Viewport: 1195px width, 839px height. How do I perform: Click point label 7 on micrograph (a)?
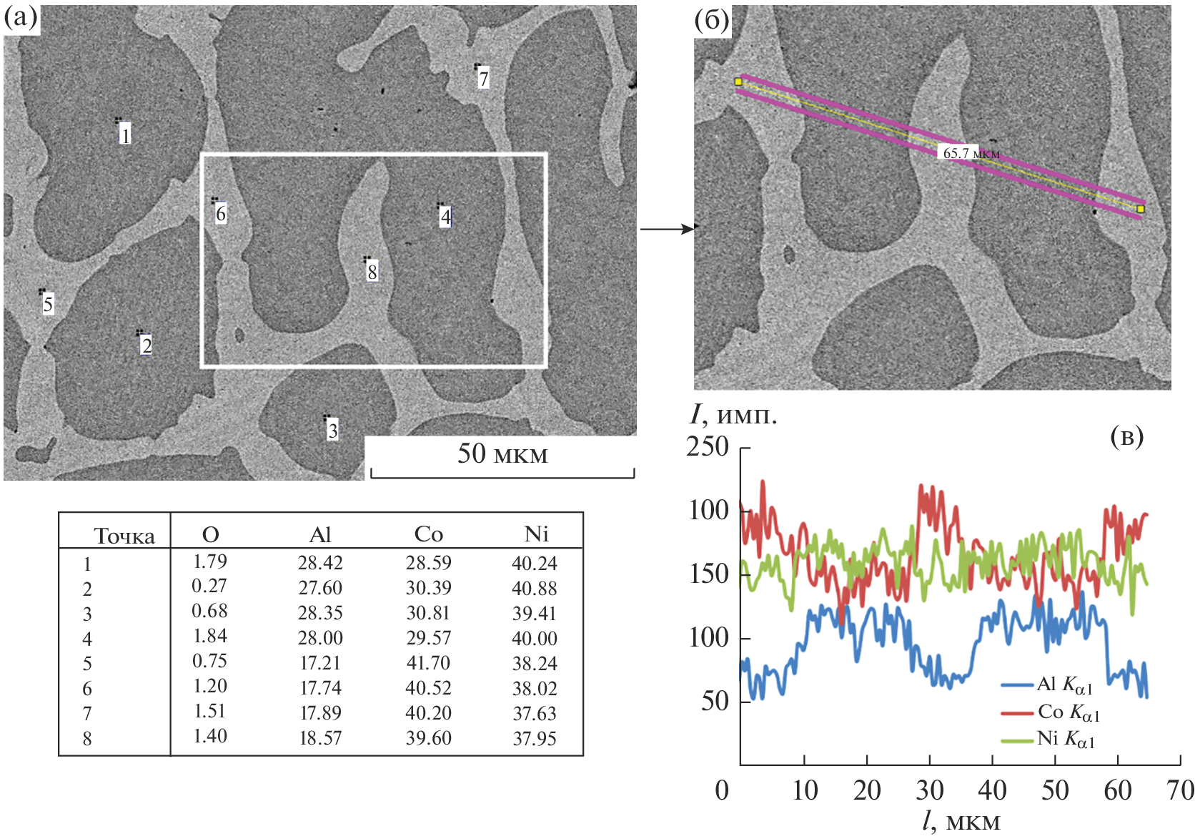tap(484, 79)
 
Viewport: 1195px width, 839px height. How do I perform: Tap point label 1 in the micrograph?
tap(126, 134)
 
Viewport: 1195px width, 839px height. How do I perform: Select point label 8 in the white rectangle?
tap(372, 272)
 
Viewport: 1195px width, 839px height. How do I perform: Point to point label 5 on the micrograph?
tap(48, 305)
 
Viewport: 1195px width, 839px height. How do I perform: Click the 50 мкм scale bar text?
tap(502, 453)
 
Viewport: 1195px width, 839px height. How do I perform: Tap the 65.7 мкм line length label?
tap(971, 153)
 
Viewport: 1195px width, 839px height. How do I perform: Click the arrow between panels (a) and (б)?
tap(666, 229)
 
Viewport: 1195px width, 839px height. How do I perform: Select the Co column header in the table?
tap(428, 534)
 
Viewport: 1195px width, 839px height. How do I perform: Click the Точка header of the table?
tap(124, 536)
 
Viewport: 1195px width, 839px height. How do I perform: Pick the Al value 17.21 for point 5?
tap(320, 663)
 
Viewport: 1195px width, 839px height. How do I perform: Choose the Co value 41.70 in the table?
tap(428, 663)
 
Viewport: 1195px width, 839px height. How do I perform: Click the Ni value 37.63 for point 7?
tap(535, 713)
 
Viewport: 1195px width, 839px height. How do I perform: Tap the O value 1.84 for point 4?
tap(210, 637)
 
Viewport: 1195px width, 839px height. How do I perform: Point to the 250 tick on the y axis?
tap(708, 447)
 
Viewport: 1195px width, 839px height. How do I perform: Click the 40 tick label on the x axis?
tap(992, 790)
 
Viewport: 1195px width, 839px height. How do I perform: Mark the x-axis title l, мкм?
tap(961, 822)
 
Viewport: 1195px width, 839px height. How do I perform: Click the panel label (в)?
tap(1127, 436)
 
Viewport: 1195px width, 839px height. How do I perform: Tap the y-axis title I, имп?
tap(733, 415)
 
